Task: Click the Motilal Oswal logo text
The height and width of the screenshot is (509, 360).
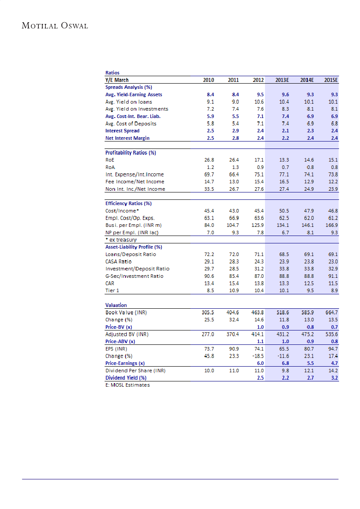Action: tap(55, 26)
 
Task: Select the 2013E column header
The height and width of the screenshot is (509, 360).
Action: tap(282, 80)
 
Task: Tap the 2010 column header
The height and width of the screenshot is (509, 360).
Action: tap(209, 80)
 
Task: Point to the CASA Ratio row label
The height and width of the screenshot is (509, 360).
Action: tap(119, 261)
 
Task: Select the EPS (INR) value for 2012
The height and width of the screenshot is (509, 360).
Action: tap(258, 349)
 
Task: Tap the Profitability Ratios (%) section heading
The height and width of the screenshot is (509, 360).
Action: tap(130, 153)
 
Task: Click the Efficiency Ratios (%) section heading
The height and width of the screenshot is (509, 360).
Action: tap(128, 203)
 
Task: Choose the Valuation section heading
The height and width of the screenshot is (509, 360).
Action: tap(116, 305)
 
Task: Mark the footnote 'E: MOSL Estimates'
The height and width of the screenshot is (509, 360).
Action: tap(127, 385)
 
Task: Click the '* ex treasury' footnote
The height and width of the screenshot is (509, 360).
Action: tap(121, 240)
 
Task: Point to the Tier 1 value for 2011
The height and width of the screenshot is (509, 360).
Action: tap(234, 290)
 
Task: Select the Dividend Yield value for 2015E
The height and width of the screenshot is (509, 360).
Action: tap(334, 378)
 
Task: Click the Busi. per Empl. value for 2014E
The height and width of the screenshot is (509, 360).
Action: tap(307, 225)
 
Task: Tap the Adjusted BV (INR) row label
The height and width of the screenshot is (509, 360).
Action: tap(127, 334)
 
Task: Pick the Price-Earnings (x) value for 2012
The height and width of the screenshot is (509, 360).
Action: tap(260, 363)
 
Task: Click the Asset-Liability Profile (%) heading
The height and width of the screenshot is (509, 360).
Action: tap(133, 247)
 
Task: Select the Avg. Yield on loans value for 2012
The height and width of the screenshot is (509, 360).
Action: tap(258, 102)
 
